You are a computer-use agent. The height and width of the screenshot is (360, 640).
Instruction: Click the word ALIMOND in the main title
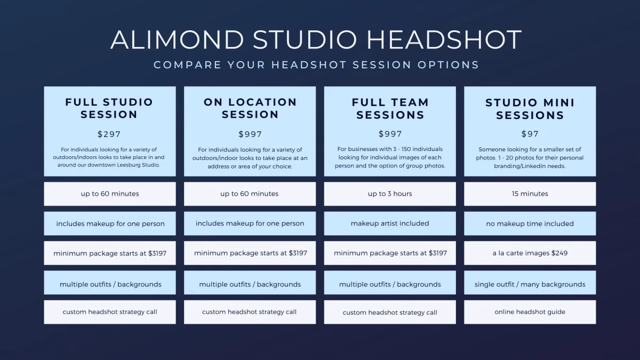177,39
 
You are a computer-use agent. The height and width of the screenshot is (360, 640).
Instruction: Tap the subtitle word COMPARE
187,65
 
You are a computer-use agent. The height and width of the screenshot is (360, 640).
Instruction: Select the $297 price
109,134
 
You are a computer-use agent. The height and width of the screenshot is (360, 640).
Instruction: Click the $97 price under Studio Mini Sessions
530,134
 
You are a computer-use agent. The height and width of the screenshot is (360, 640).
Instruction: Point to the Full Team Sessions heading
390,109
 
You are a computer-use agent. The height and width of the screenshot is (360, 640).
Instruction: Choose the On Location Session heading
250,108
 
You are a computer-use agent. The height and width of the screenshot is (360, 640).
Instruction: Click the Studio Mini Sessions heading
530,109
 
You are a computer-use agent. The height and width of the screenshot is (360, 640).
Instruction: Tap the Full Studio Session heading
109,108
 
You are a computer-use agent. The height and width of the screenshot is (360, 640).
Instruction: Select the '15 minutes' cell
530,194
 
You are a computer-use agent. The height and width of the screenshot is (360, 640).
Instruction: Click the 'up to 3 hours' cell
390,194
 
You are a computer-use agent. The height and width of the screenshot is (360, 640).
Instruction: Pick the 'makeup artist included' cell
390,223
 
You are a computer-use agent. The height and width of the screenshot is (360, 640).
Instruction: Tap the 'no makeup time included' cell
530,223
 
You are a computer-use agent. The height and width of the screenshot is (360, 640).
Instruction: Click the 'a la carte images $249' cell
530,253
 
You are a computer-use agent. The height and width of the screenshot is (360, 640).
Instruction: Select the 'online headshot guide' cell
530,312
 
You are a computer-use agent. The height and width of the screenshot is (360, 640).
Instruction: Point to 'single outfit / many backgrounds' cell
530,283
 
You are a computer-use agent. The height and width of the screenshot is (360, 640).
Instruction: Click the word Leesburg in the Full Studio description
129,165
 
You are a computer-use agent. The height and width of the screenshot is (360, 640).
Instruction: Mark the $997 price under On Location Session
250,134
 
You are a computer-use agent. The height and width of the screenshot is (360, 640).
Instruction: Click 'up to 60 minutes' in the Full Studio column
110,194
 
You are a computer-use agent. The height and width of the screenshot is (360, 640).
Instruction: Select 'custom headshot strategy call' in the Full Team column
390,313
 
